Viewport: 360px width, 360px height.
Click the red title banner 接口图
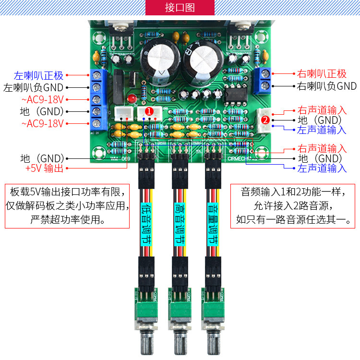(x=180, y=8)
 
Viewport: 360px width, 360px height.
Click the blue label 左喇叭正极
(x=38, y=75)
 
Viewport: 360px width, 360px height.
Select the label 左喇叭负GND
(x=33, y=88)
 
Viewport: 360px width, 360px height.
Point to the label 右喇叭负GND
(x=327, y=86)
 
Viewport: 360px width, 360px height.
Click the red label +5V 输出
(x=44, y=168)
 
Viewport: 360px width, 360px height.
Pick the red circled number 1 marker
(x=149, y=111)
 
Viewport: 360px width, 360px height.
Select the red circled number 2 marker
(x=265, y=120)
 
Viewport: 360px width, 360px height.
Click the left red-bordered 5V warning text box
(x=67, y=205)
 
